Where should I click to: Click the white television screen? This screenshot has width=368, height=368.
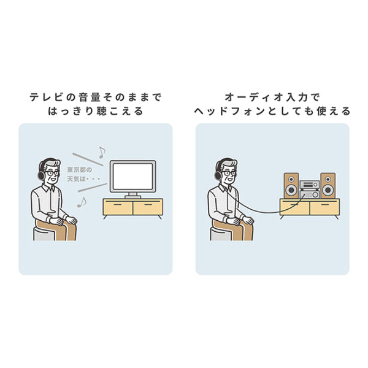[x=133, y=177]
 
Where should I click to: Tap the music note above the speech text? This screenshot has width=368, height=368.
[x=102, y=152]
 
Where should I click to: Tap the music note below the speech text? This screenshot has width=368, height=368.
[x=82, y=202]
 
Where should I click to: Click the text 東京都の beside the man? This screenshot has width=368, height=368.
[x=80, y=170]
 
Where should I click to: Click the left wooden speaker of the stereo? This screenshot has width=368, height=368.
[x=291, y=186]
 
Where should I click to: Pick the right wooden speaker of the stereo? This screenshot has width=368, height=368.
[x=328, y=186]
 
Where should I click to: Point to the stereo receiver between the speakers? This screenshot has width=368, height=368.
[x=310, y=190]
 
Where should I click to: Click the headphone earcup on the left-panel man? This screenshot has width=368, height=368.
[x=41, y=175]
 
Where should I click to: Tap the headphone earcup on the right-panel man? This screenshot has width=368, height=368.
[x=218, y=175]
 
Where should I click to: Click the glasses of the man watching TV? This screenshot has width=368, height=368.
[x=52, y=174]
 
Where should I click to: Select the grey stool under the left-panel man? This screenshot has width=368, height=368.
[x=44, y=234]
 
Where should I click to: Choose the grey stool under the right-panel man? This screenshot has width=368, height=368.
[x=221, y=234]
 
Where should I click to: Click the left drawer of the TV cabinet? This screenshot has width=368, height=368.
[x=118, y=207]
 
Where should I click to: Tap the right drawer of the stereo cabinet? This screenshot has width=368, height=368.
[x=324, y=207]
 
